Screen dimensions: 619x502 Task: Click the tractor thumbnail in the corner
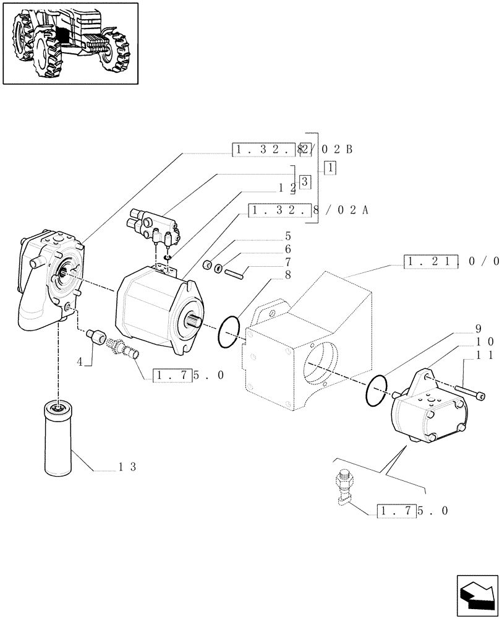click(x=70, y=43)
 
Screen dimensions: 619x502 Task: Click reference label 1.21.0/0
click(x=451, y=261)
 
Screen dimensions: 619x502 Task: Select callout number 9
click(x=478, y=329)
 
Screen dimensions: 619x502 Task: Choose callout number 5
click(x=287, y=236)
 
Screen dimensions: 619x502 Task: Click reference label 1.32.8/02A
click(x=309, y=210)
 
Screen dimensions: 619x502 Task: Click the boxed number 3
click(x=305, y=181)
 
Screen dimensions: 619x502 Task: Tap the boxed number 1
click(x=330, y=167)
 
